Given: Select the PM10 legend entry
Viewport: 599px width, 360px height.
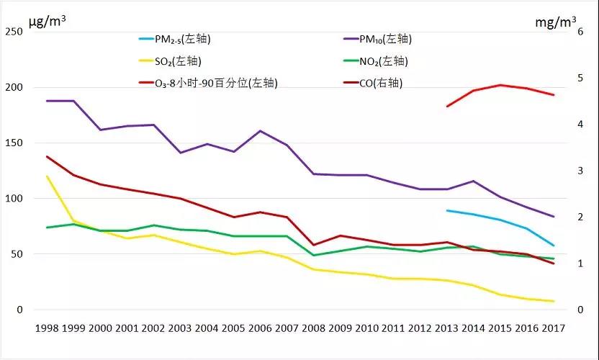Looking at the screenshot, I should coord(385,39).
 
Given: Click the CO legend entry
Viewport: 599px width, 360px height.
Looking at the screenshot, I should coord(380,83).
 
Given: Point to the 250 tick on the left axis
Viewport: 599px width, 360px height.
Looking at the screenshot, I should coord(14,32).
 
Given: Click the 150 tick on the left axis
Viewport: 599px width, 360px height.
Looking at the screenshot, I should coord(14,143).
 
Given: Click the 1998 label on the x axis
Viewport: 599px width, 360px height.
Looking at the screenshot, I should coord(47,328).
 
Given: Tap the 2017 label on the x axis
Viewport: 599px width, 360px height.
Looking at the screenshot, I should coord(553,328).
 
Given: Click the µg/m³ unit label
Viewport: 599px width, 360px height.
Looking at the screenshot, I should coord(48,20).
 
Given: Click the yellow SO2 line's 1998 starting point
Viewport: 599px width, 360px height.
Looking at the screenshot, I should coord(47,176).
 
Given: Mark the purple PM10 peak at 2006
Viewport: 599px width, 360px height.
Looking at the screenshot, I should coord(260,131).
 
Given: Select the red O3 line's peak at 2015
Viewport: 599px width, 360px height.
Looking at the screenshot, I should coord(500,85).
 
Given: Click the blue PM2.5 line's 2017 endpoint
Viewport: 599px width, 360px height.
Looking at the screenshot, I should coord(553,246).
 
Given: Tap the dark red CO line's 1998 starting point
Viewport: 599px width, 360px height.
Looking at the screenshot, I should coord(47,156).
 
